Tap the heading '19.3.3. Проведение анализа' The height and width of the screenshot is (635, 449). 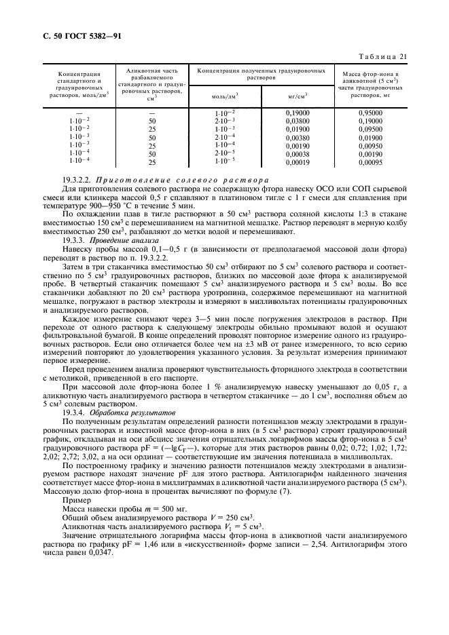point(110,240)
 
